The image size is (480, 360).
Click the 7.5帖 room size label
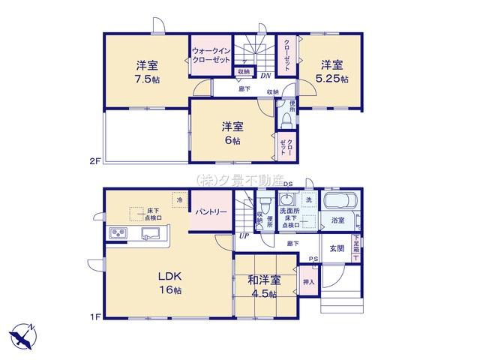[148, 79]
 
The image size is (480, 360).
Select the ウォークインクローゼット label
[210, 55]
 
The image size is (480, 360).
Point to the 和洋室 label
[264, 280]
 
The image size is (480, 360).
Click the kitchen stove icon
[120, 233]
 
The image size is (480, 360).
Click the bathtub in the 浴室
[342, 203]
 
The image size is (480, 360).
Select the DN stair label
[265, 75]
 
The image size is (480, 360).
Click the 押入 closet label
[308, 282]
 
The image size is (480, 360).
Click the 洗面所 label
[290, 211]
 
